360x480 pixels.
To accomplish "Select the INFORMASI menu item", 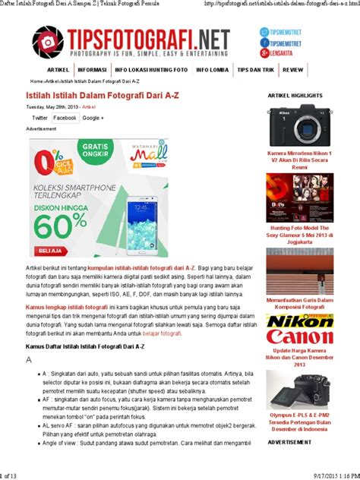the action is point(92,69).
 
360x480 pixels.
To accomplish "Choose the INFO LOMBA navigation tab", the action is point(212,69).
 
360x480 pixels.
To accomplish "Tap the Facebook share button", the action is point(65,118).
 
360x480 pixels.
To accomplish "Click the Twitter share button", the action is point(39,118).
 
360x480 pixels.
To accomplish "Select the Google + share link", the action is point(93,118).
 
